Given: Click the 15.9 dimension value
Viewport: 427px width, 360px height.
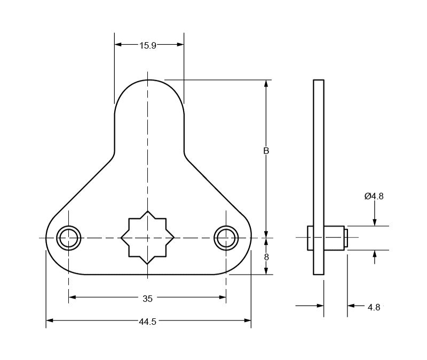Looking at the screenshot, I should [148, 45].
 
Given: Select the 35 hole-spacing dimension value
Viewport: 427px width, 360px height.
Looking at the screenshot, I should [147, 298].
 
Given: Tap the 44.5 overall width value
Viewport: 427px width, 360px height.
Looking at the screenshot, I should [147, 322].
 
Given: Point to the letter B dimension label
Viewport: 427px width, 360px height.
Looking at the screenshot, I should [266, 151].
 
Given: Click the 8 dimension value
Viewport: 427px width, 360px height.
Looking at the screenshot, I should [266, 257].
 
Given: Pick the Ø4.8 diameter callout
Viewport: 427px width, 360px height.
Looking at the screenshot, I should [374, 196].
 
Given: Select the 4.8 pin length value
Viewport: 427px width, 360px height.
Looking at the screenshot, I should [374, 307].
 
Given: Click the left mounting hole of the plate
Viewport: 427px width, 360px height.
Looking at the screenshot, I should [69, 238].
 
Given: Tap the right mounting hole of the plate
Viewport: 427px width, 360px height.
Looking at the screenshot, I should [226, 238].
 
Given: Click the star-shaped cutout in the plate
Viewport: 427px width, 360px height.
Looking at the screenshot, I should [148, 238].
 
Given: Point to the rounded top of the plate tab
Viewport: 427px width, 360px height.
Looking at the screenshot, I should [149, 85].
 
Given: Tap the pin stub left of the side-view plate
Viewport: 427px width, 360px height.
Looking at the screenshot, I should [310, 238].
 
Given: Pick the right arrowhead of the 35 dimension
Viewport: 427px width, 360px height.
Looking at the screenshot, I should [223, 297].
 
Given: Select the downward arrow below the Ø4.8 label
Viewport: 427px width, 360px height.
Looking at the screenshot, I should [375, 222].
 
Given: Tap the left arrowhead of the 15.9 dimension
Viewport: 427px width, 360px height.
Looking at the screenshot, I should [118, 45].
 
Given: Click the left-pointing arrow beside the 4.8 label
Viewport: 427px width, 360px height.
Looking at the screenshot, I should [351, 306].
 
